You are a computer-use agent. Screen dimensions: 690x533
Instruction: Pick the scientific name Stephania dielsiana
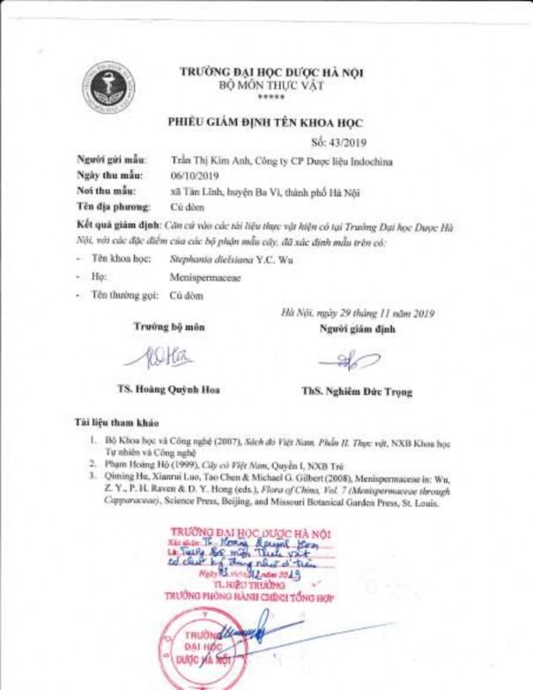[211, 261]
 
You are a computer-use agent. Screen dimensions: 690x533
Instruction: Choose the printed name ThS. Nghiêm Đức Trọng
[357, 391]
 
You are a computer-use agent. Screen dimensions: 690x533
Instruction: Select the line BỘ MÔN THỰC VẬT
[270, 85]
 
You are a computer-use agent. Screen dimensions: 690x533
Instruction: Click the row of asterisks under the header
[269, 97]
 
